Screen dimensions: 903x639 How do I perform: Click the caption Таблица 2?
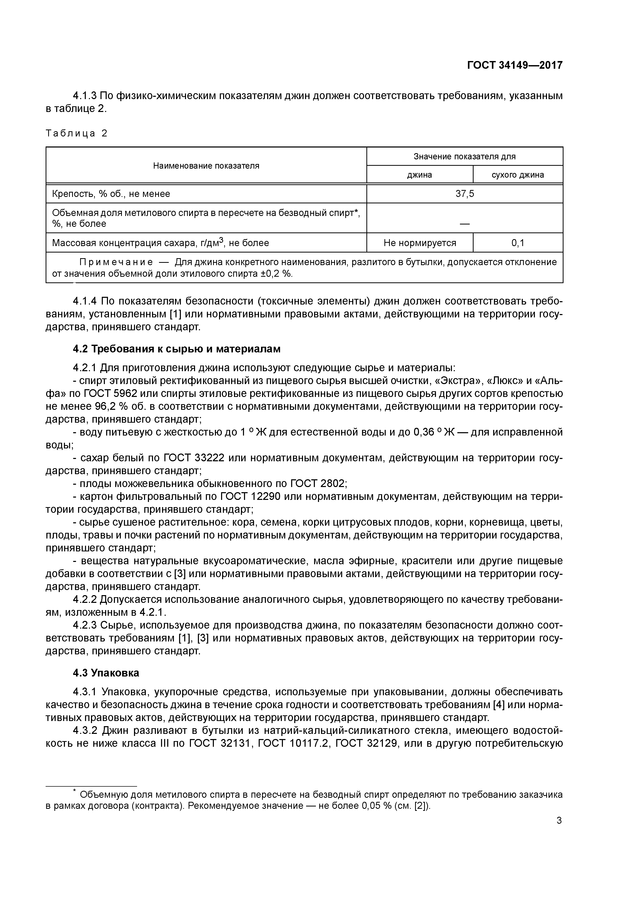coord(76,133)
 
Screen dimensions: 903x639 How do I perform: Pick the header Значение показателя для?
coord(464,157)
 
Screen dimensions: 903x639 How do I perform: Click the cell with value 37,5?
coord(465,194)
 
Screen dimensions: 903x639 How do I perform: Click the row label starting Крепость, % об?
coord(111,194)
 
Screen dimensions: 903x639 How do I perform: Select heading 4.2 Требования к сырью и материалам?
coord(177,349)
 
